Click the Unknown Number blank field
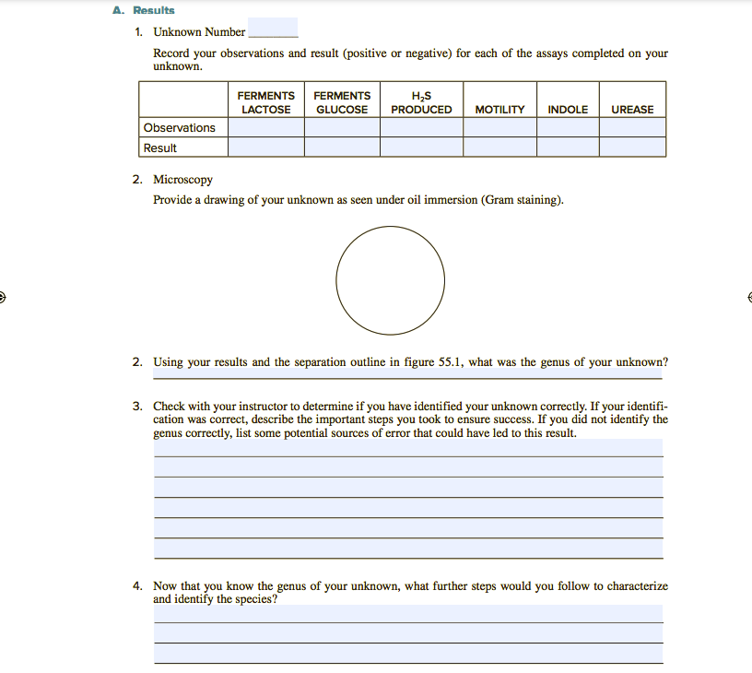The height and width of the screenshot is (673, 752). coord(273,30)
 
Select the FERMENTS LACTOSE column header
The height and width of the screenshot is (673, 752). coord(266,102)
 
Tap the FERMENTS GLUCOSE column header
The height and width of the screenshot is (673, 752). coord(342,102)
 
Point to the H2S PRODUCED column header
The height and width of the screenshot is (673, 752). coord(421,102)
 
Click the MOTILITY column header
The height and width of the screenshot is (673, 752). coord(499,109)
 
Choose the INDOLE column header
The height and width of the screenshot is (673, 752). coord(568,109)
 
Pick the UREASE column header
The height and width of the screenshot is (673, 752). coord(632,109)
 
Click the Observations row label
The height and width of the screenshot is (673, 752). coord(180,128)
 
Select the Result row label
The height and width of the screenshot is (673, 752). coord(160,148)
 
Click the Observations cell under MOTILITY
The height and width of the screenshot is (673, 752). coord(499,128)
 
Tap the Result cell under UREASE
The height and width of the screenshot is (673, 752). coord(632,148)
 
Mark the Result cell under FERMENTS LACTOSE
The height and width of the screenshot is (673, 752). coord(266,148)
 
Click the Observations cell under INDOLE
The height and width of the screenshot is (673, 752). coord(568,128)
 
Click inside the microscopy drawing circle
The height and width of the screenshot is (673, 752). coord(390,280)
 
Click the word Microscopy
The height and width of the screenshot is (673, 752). coord(182,179)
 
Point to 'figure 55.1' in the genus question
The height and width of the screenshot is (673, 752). coord(433,362)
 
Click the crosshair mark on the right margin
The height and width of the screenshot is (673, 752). coord(747,297)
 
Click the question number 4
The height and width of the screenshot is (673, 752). coord(136,585)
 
